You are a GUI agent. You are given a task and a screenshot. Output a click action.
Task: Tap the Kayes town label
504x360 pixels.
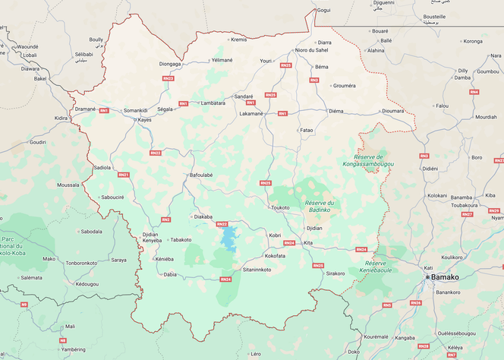[144, 120]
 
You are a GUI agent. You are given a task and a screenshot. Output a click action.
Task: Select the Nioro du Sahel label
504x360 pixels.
[311, 50]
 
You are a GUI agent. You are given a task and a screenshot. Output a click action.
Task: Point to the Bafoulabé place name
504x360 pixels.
[201, 175]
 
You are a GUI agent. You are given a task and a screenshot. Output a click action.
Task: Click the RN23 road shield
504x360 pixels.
[169, 78]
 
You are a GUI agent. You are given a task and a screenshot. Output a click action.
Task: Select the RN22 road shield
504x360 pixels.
[155, 153]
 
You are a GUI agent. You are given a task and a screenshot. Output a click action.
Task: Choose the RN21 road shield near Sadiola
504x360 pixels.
[123, 175]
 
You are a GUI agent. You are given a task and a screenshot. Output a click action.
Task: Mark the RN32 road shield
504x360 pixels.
[222, 224]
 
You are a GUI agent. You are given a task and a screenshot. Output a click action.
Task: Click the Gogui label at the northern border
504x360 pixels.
[323, 11]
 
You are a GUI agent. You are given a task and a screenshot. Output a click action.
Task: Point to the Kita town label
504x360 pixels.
[308, 242]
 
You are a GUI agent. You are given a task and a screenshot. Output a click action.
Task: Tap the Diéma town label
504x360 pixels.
[335, 112]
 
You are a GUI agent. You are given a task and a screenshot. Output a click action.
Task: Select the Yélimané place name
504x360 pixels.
[222, 59]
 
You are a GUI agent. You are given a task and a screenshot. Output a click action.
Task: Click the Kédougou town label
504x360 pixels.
[87, 284]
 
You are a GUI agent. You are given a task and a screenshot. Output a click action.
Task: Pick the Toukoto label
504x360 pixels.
[280, 207]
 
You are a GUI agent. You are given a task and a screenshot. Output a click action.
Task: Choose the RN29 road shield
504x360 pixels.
[493, 210]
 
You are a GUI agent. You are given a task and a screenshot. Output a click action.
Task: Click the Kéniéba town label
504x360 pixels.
[165, 259]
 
